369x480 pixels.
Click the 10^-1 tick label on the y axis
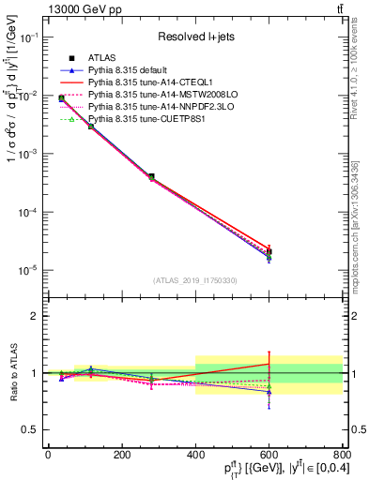click(28, 37)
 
